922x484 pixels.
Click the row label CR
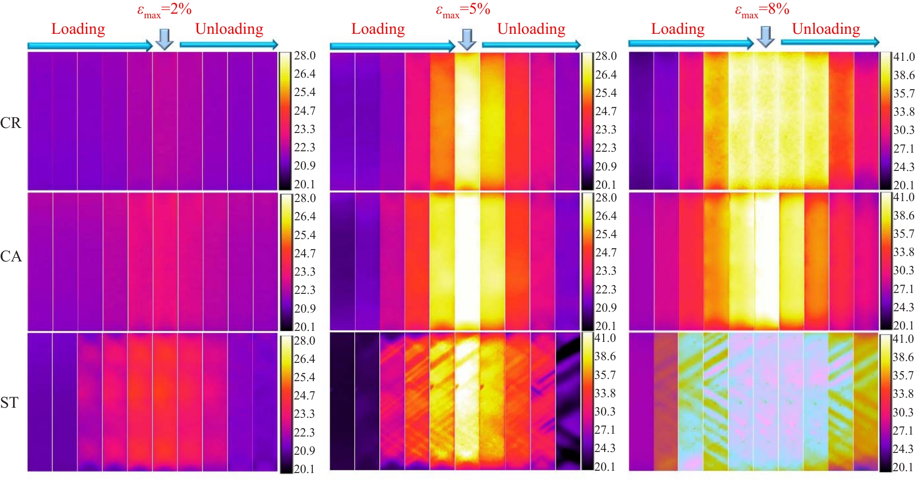pos(11,123)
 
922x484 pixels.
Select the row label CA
pos(11,256)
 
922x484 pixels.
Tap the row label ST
pos(10,403)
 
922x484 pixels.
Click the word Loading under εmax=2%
pos(78,29)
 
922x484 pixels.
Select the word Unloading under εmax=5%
pos(531,29)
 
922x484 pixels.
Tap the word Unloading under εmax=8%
pos(826,29)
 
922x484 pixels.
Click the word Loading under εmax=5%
pos(378,29)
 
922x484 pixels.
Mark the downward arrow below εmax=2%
pos(164,39)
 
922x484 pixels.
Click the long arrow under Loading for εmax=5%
pos(392,46)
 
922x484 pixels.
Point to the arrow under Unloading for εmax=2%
pos(229,44)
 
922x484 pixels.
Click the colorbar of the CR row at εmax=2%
pos(285,121)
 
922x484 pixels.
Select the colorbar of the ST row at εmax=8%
pos(885,403)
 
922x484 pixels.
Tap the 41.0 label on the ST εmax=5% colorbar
pos(605,338)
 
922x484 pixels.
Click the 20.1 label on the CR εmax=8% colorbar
pos(904,185)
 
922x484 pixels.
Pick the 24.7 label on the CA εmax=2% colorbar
pos(305,253)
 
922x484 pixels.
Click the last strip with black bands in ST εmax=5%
pos(568,401)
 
